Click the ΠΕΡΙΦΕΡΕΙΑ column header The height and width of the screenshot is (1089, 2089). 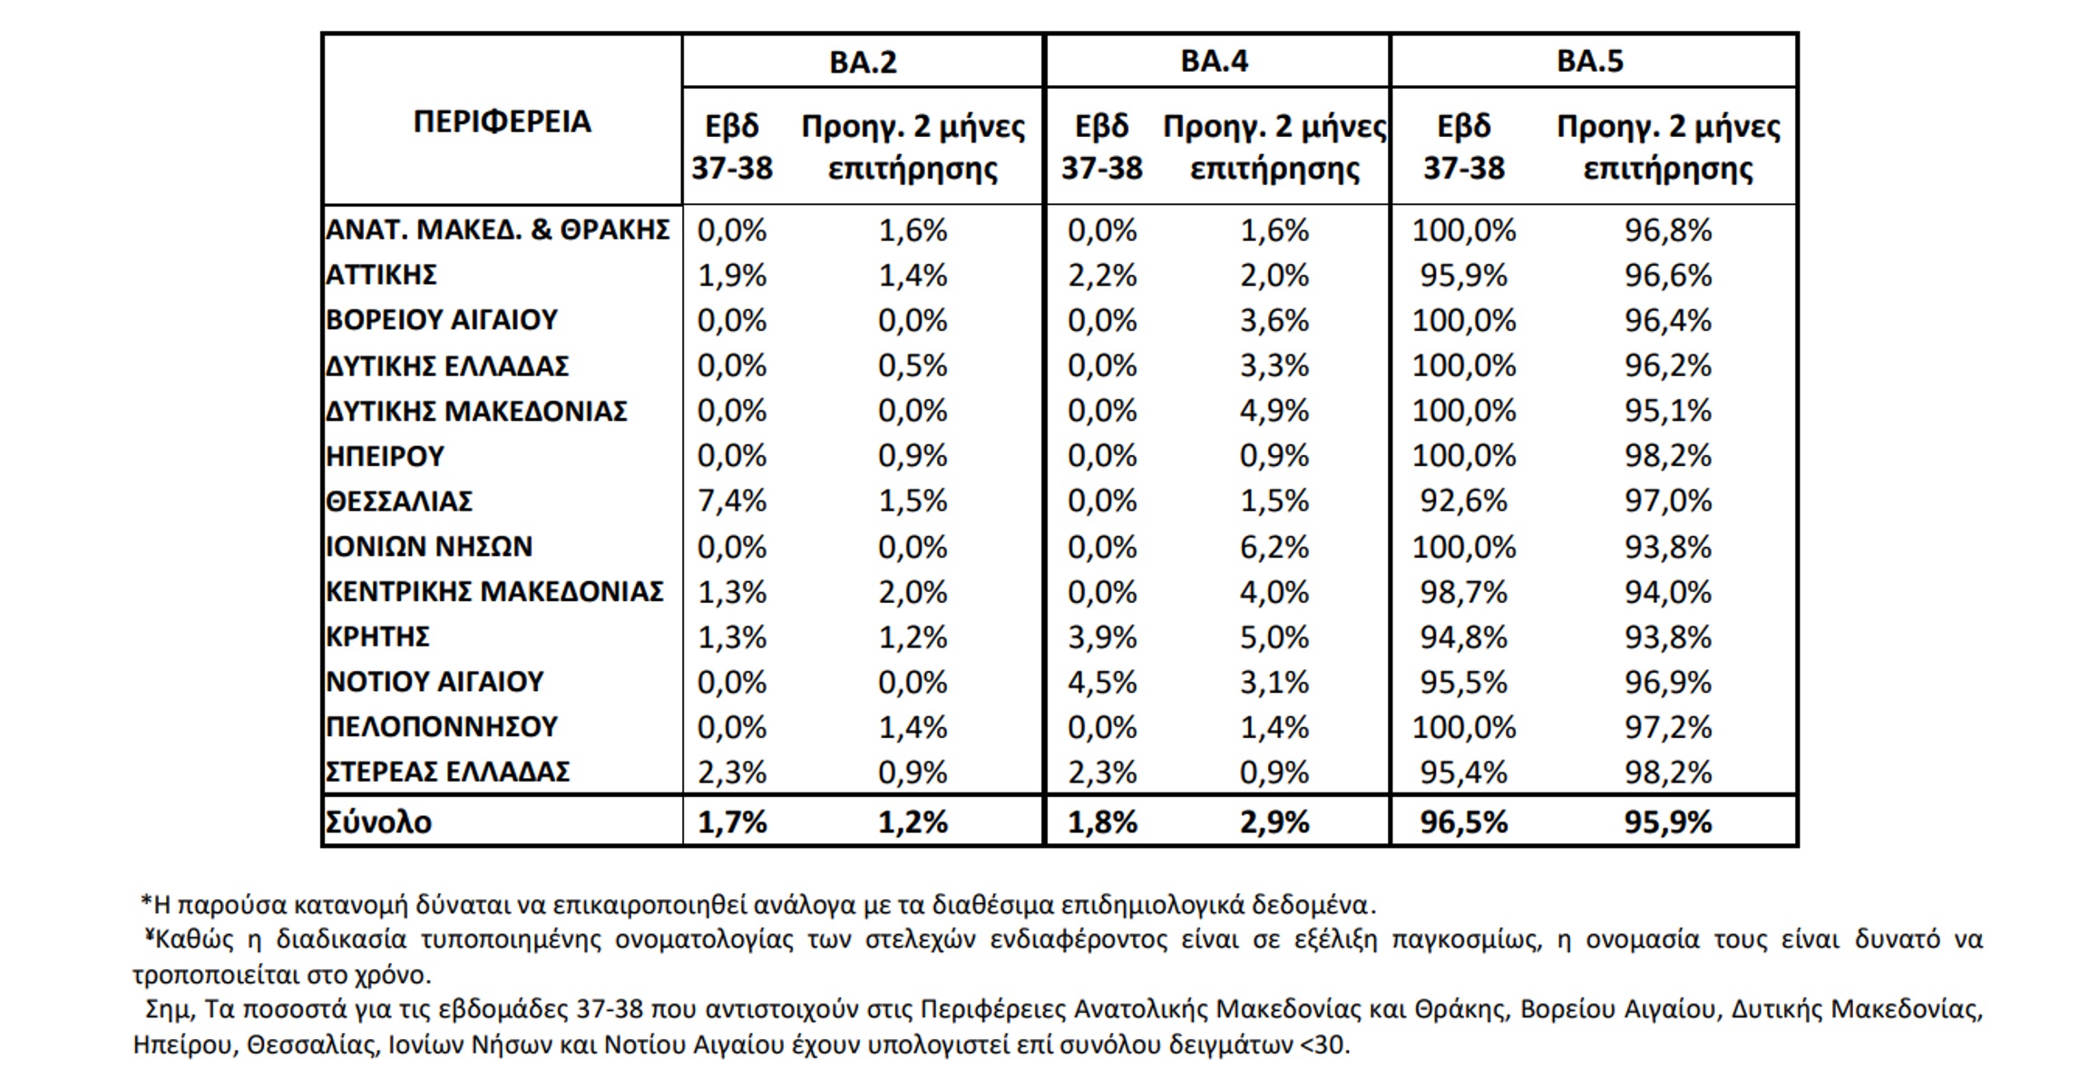tap(502, 122)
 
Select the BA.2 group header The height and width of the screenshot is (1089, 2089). tap(863, 62)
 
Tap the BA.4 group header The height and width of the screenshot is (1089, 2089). tap(1214, 61)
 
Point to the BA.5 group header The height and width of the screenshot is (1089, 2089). tap(1589, 61)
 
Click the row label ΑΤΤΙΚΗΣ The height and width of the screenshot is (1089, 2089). tap(381, 275)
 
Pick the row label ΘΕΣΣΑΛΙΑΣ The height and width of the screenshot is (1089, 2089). tap(399, 501)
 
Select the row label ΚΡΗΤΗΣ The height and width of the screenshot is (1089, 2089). tap(377, 637)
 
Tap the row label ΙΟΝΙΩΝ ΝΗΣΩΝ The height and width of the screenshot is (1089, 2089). tap(429, 547)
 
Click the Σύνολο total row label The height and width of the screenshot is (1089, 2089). tap(379, 822)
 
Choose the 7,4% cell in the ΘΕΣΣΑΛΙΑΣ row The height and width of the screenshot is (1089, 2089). tap(731, 501)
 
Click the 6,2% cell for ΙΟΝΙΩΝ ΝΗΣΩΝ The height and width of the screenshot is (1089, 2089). tap(1274, 547)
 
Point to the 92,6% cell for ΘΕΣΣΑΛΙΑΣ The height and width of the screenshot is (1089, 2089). tap(1463, 501)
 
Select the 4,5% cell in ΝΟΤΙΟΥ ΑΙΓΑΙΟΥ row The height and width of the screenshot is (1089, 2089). tap(1102, 682)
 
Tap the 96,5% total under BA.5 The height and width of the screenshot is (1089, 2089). tap(1463, 822)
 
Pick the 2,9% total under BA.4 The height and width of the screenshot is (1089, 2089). tap(1274, 822)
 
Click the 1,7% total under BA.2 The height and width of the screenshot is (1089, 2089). tap(731, 822)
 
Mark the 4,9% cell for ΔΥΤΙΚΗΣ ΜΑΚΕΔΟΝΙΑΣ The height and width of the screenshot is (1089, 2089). tap(1274, 411)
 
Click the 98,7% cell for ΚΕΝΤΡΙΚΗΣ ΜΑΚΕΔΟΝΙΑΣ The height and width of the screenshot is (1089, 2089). tap(1463, 592)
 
